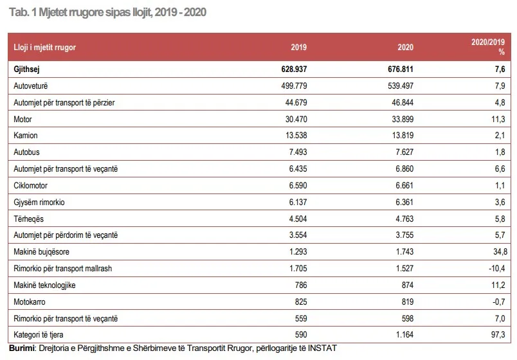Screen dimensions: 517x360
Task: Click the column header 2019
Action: tap(299, 47)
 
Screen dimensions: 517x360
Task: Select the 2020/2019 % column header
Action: tap(488, 47)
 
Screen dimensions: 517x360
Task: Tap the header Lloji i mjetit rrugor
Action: tap(44, 47)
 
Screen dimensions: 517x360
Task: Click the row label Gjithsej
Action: tap(26, 69)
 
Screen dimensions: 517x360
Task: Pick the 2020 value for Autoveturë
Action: tap(400, 85)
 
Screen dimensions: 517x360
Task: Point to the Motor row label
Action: tap(23, 119)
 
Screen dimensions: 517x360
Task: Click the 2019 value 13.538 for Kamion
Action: tap(296, 135)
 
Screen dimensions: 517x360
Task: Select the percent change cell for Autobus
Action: tap(500, 152)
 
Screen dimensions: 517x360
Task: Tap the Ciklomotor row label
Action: tap(30, 185)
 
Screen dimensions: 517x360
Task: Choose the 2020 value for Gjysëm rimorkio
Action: tap(404, 202)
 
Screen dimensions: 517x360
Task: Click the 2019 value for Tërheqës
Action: tap(298, 219)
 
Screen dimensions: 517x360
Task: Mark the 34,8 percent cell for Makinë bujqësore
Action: tap(500, 252)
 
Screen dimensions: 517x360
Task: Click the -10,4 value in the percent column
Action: tap(497, 268)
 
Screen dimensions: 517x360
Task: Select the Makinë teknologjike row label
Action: tap(44, 285)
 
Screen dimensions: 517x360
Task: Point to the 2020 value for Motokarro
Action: tap(407, 301)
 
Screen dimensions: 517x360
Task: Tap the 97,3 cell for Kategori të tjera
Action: tap(498, 335)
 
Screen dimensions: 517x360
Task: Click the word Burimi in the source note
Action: tap(21, 348)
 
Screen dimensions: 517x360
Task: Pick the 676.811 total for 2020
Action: tap(400, 69)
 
